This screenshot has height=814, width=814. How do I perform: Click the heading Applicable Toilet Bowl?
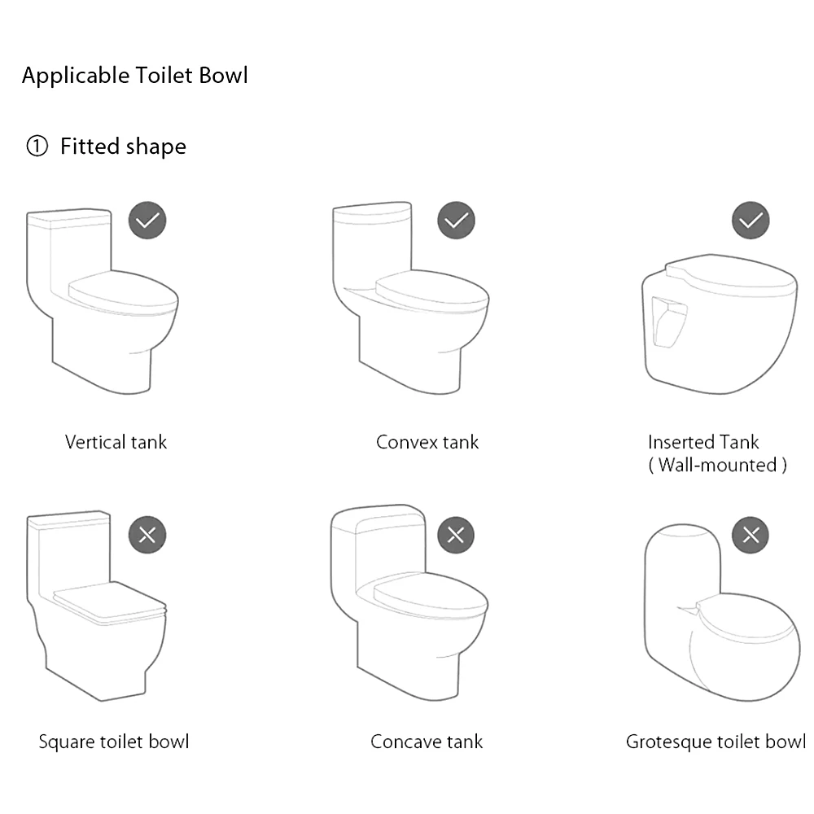pyautogui.click(x=134, y=76)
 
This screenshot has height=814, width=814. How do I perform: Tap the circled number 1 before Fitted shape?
pyautogui.click(x=37, y=147)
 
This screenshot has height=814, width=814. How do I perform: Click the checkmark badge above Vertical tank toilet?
pyautogui.click(x=147, y=221)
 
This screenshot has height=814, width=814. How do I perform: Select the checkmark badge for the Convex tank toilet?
pyautogui.click(x=456, y=221)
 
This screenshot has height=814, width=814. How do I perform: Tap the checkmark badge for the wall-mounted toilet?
pyautogui.click(x=751, y=221)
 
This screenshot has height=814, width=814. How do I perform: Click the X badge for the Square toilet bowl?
pyautogui.click(x=147, y=535)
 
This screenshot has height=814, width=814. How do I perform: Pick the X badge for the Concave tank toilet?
pyautogui.click(x=456, y=535)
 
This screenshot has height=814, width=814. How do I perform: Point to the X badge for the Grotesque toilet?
pyautogui.click(x=751, y=535)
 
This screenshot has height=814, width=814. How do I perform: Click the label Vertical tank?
pyautogui.click(x=116, y=442)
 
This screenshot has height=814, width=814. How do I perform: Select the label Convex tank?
pyautogui.click(x=427, y=442)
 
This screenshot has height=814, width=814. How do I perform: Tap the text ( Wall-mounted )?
pyautogui.click(x=717, y=465)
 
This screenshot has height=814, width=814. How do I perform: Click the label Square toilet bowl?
pyautogui.click(x=114, y=742)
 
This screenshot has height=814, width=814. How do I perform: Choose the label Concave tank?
pyautogui.click(x=427, y=742)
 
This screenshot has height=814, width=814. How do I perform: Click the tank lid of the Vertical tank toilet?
pyautogui.click(x=68, y=218)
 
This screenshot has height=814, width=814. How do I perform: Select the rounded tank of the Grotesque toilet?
pyautogui.click(x=682, y=562)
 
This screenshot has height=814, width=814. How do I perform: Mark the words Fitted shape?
pyautogui.click(x=123, y=147)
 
